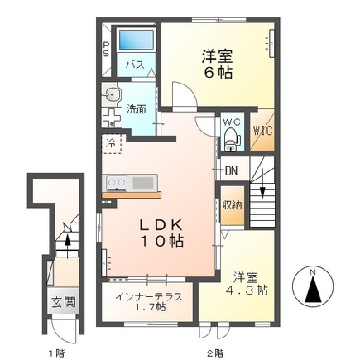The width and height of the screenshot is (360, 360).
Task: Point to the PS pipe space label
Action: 106,50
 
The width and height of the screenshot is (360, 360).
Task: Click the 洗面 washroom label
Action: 137,108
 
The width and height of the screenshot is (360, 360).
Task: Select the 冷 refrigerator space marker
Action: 111,144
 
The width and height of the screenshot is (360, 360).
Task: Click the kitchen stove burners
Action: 115,182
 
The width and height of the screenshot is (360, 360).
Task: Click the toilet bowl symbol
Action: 232,139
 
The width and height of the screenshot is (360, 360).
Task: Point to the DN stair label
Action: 233,172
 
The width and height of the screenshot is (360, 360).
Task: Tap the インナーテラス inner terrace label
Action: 149,296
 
